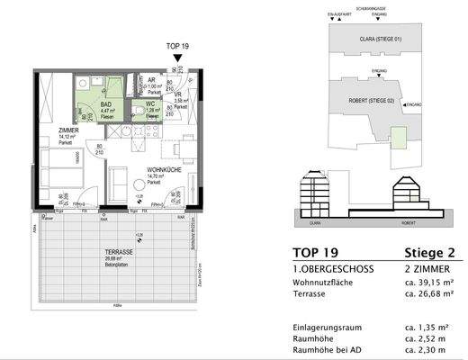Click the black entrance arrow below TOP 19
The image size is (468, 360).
pyautogui.click(x=176, y=58)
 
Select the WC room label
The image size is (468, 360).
pyautogui.click(x=152, y=106)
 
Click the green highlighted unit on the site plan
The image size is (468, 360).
pyautogui.click(x=398, y=136)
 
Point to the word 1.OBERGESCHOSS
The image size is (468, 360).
pyautogui.click(x=324, y=269)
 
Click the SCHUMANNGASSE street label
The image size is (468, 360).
pyautogui.click(x=351, y=5)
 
